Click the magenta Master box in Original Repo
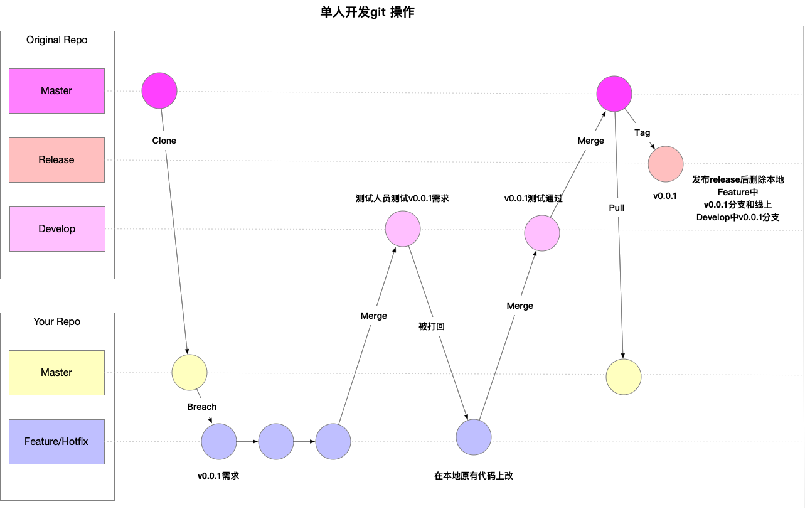56,91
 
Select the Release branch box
56,160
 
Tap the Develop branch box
57,229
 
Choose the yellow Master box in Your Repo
56,373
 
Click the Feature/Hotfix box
56,442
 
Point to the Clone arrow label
164,141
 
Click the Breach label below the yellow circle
201,407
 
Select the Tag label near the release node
642,132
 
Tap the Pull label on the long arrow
616,208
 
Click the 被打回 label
432,326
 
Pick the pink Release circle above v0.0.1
666,164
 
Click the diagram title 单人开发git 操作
367,12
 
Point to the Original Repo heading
56,40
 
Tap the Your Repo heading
56,322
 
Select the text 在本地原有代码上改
474,476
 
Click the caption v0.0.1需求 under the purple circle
218,476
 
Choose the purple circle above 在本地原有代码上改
474,437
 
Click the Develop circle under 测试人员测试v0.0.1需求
403,228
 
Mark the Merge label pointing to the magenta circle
590,141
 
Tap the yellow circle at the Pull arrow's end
624,377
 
